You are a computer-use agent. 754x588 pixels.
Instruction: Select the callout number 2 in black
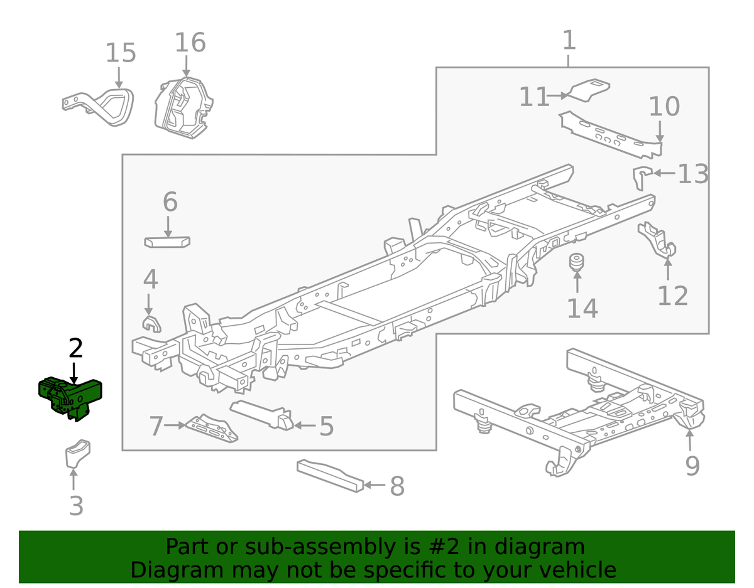pyautogui.click(x=75, y=348)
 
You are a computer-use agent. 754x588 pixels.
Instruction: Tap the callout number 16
pyautogui.click(x=190, y=43)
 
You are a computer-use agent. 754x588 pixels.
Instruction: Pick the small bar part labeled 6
pyautogui.click(x=167, y=242)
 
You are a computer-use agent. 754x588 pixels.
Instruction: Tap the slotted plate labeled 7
pyautogui.click(x=214, y=429)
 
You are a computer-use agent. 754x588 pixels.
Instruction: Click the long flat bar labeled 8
pyautogui.click(x=330, y=476)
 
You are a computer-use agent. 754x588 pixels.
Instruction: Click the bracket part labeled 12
pyautogui.click(x=657, y=242)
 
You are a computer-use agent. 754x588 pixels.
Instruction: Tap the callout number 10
pyautogui.click(x=664, y=107)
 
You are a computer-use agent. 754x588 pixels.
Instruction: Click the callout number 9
pyautogui.click(x=692, y=466)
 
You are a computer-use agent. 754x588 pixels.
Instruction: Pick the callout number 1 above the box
pyautogui.click(x=568, y=41)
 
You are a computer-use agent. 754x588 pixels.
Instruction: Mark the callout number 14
pyautogui.click(x=582, y=308)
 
